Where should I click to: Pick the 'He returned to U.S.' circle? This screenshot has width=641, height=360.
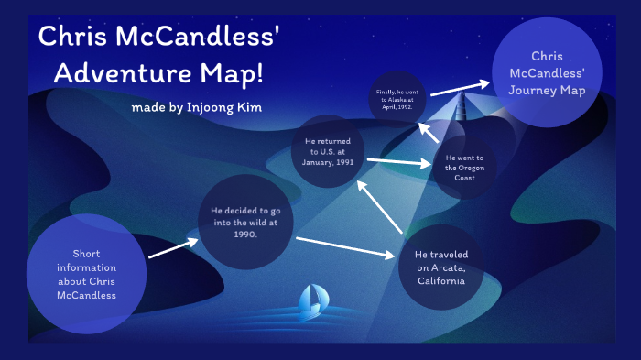(328, 148)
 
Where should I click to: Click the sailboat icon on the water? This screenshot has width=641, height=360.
(311, 301)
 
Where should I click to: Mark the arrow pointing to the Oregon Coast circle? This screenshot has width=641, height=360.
(399, 162)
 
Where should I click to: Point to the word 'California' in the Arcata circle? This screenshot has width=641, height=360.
(440, 280)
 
